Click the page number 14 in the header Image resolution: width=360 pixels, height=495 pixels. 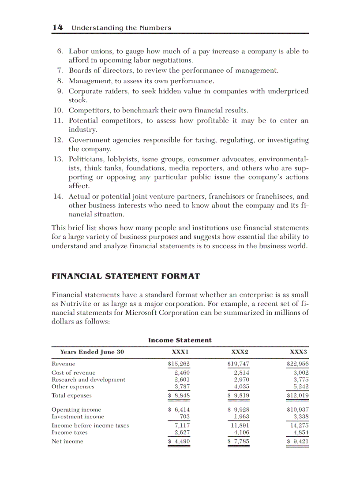pyautogui.click(x=57, y=27)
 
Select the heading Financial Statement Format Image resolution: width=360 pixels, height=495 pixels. pyautogui.click(x=126, y=276)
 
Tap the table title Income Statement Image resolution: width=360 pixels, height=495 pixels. pyautogui.click(x=180, y=340)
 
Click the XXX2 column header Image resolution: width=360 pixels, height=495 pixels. pyautogui.click(x=240, y=352)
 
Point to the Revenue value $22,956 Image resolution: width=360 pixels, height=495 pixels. pyautogui.click(x=297, y=364)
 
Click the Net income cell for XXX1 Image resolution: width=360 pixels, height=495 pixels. pyautogui.click(x=179, y=441)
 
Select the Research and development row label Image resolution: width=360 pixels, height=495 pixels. pyautogui.click(x=88, y=380)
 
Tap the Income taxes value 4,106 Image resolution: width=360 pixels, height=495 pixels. pyautogui.click(x=241, y=432)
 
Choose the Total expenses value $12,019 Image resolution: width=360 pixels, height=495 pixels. pyautogui.click(x=297, y=395)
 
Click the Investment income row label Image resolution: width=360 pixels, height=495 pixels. pyautogui.click(x=78, y=417)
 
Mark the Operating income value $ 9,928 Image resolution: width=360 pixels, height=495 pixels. pyautogui.click(x=238, y=409)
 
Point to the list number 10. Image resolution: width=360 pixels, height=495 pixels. pyautogui.click(x=60, y=110)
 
